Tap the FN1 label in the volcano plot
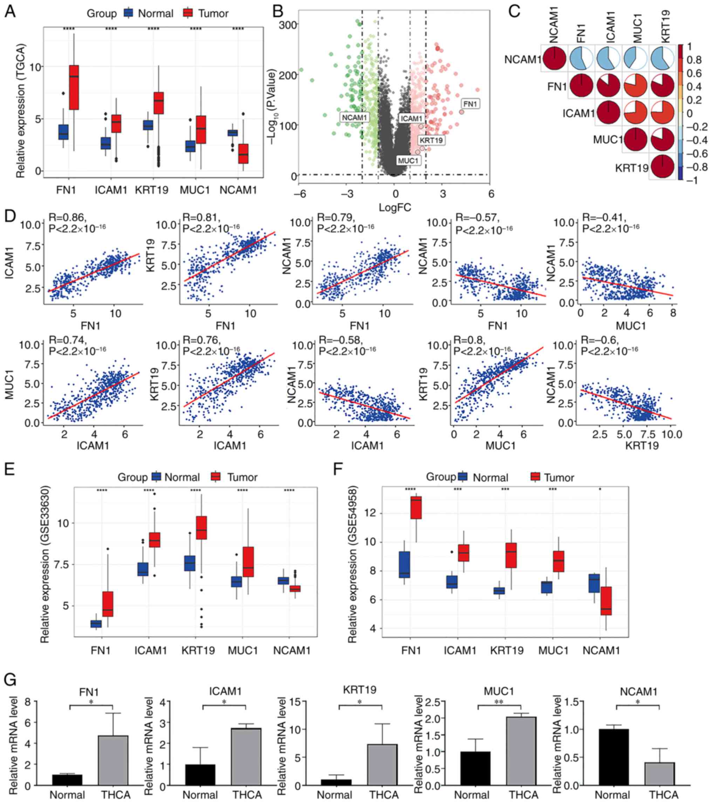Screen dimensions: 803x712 click(x=470, y=104)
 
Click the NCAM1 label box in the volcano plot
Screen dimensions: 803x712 click(x=354, y=117)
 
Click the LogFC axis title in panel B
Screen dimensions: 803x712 click(x=395, y=207)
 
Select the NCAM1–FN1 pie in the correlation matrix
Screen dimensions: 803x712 click(x=581, y=59)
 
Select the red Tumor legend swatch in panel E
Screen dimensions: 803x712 click(x=215, y=477)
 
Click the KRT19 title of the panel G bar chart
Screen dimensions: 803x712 click(x=360, y=689)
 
